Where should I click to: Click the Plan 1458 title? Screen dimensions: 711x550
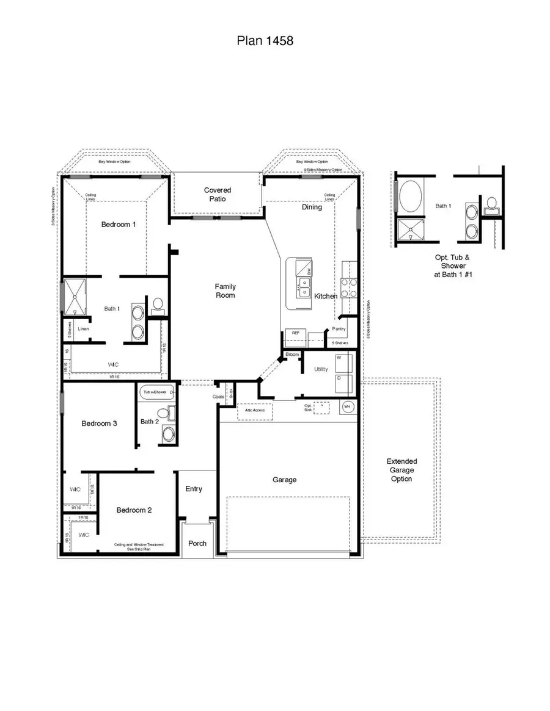pos(265,41)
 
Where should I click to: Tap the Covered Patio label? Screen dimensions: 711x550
pos(218,195)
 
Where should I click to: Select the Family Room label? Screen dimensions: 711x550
pos(225,291)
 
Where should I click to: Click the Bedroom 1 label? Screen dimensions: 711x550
pos(119,225)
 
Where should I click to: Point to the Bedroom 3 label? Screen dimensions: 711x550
pos(99,424)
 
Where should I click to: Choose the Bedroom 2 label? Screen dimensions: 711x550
pos(134,510)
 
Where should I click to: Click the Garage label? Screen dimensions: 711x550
pos(284,480)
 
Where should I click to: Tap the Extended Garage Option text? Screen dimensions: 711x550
pos(402,470)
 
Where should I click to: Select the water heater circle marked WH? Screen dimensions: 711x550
pos(347,406)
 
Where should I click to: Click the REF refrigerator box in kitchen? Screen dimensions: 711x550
pos(295,333)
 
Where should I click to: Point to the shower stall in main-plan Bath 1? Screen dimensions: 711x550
pos(76,295)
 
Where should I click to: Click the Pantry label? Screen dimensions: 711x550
pos(339,329)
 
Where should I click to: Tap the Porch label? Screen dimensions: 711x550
pos(197,543)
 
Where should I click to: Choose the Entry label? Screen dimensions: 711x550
pos(194,489)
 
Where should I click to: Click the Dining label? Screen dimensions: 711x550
pos(312,208)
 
